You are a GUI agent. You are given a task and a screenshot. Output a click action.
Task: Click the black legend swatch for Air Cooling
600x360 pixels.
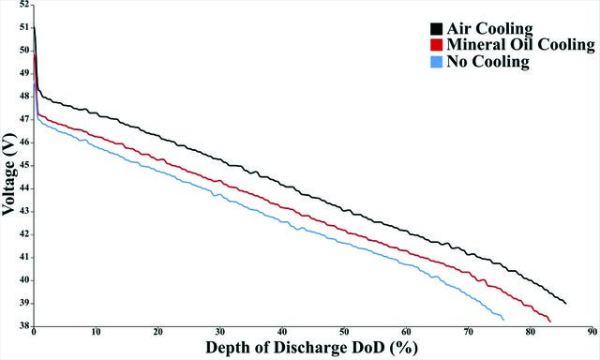tap(436, 29)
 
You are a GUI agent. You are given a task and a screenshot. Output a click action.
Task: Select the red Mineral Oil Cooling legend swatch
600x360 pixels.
tap(436, 45)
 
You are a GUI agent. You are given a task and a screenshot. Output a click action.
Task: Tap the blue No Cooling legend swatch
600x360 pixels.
tap(436, 62)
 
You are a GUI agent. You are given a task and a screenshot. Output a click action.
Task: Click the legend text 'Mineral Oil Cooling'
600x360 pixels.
tap(521, 45)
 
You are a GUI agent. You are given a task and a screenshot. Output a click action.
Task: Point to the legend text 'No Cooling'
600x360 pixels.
tap(487, 62)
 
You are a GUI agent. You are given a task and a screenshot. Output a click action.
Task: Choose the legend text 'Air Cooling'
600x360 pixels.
tap(489, 29)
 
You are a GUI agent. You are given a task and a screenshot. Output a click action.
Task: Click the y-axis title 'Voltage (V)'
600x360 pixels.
tap(9, 174)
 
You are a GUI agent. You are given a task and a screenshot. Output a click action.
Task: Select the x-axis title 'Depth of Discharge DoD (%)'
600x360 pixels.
tap(312, 348)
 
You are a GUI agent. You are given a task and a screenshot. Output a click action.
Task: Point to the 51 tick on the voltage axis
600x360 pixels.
tap(24, 27)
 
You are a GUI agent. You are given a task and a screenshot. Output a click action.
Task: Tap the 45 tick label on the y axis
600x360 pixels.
tap(24, 165)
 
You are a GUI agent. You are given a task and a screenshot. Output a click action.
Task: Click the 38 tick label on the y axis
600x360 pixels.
tap(24, 326)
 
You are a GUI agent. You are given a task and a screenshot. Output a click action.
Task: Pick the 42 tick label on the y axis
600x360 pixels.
tap(24, 234)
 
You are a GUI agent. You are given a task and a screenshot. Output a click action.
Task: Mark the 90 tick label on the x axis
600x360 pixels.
tap(592, 332)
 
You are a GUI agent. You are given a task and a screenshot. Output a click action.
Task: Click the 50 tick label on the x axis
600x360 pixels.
tap(344, 332)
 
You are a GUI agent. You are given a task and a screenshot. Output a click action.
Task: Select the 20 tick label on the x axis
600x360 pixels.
tap(158, 332)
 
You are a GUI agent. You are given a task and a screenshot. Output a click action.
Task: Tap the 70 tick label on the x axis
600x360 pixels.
tap(468, 332)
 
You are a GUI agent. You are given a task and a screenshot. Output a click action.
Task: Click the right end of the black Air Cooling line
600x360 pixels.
tap(566, 304)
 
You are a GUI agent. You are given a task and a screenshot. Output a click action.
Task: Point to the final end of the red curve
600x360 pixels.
tap(550, 322)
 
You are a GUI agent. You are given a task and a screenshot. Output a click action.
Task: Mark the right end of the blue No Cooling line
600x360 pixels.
tap(504, 320)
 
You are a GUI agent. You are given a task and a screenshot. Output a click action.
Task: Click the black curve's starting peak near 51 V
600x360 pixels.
tap(35, 26)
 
